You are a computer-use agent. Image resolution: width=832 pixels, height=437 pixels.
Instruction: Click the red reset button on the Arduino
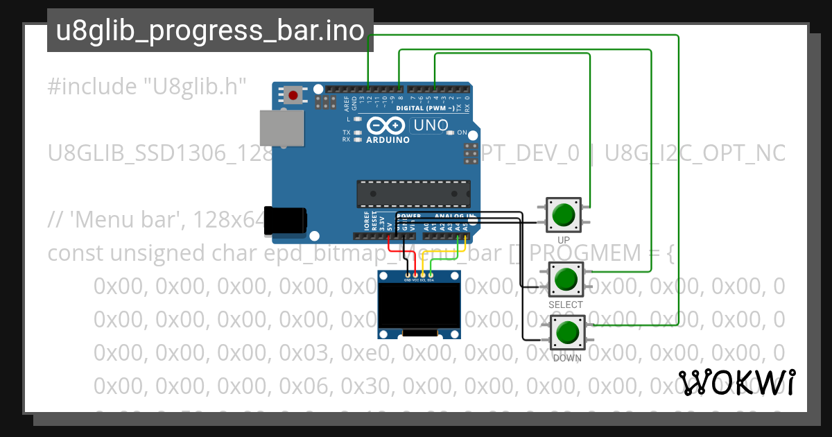[x=294, y=95]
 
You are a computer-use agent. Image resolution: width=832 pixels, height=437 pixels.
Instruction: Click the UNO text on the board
[x=431, y=126]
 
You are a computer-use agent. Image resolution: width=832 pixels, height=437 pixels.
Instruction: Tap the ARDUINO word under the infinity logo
[x=388, y=139]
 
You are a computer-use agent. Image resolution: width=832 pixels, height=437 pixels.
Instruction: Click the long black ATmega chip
[x=413, y=194]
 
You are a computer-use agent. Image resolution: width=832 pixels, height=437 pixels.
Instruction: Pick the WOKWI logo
[x=736, y=383]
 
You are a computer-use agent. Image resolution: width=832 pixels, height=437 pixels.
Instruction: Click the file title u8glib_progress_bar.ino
[x=210, y=31]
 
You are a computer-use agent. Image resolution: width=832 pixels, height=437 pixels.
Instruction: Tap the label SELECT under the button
[x=566, y=305]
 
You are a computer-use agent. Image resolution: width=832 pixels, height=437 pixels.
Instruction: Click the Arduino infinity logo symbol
[x=385, y=126]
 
